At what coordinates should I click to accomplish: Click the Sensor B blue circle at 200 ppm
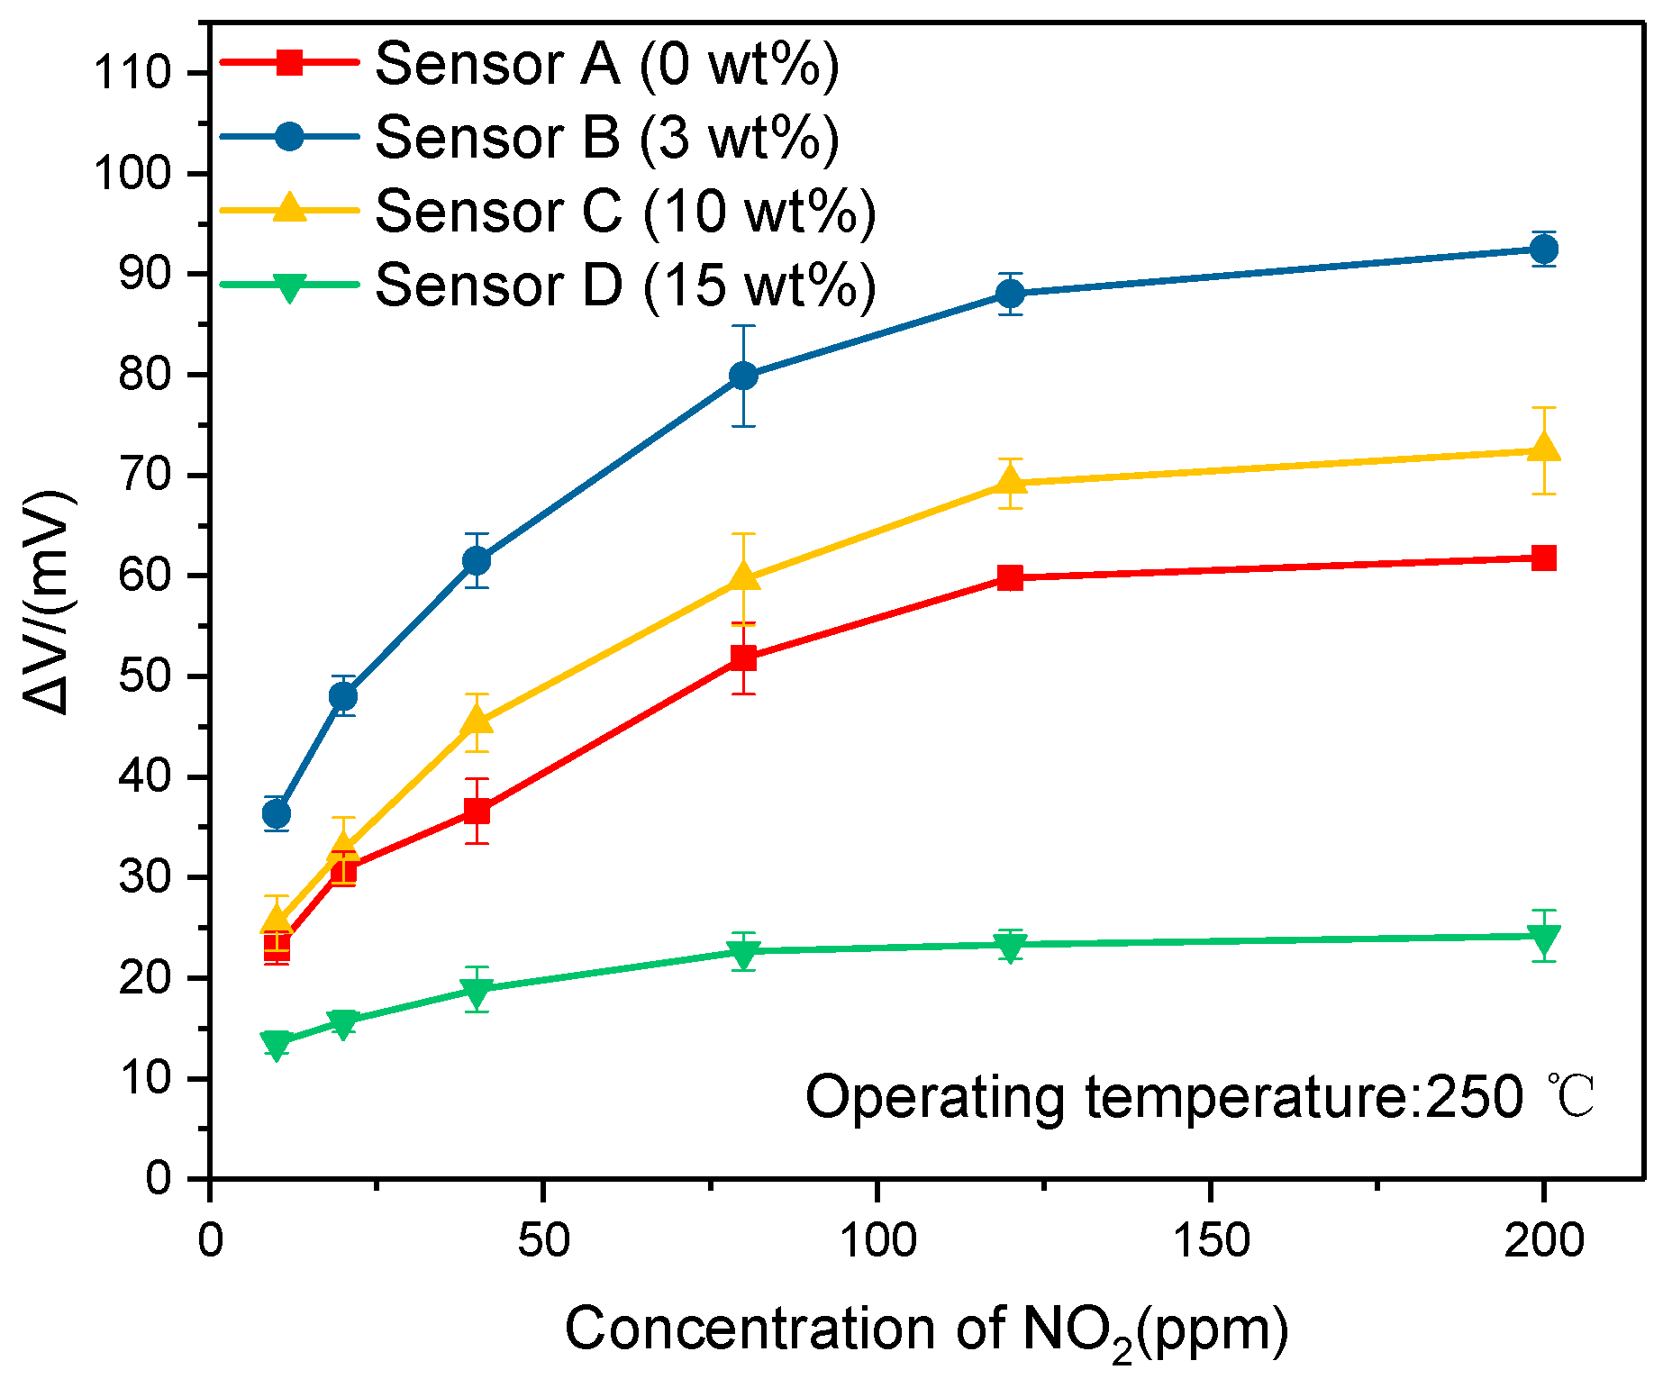(x=1544, y=249)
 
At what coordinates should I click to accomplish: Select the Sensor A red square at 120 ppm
(x=1011, y=577)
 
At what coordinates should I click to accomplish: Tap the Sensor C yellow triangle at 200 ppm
(x=1544, y=449)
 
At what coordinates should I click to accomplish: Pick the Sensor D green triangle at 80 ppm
(x=743, y=952)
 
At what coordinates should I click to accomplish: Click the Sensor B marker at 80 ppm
(x=743, y=376)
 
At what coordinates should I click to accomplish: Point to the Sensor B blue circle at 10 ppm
(x=277, y=813)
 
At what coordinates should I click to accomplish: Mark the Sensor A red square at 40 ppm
(x=477, y=811)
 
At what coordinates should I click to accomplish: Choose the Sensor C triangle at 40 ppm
(x=477, y=722)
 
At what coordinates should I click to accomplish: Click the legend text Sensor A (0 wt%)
(x=606, y=65)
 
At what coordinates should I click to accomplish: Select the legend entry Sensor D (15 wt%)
(x=625, y=286)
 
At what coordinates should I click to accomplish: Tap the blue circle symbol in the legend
(x=289, y=137)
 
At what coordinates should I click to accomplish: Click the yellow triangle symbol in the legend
(x=289, y=208)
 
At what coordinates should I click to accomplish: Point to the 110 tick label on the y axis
(x=132, y=73)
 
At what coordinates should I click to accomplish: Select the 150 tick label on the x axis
(x=1210, y=1240)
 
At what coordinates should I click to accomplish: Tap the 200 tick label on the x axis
(x=1544, y=1240)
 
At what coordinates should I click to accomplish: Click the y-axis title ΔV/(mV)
(x=47, y=602)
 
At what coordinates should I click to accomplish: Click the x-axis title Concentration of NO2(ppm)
(x=926, y=1330)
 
